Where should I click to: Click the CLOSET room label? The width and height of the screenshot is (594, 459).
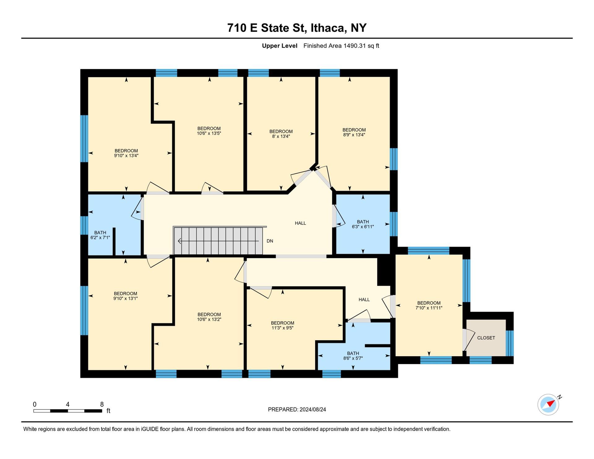click(x=486, y=338)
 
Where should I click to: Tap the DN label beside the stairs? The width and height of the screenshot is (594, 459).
click(x=270, y=241)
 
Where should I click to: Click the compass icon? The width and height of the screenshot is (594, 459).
click(x=548, y=404)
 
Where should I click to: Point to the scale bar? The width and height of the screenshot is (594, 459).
click(x=68, y=411)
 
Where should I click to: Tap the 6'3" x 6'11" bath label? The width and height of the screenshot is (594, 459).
click(x=363, y=224)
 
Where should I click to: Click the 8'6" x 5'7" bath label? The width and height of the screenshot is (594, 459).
click(x=353, y=356)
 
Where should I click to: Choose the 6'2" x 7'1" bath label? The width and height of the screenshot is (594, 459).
click(x=100, y=235)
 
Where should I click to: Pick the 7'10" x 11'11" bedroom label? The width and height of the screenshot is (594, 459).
click(x=429, y=305)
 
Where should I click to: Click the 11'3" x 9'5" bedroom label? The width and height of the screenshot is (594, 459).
click(x=282, y=325)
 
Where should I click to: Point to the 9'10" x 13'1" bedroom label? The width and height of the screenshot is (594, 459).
click(x=126, y=296)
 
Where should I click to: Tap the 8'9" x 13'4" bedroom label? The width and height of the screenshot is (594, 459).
click(x=354, y=132)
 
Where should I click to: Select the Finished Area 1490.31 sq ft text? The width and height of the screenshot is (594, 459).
click(x=341, y=46)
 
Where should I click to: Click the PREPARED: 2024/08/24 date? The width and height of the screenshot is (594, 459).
click(x=297, y=409)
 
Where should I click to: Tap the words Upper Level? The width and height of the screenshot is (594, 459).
click(x=280, y=46)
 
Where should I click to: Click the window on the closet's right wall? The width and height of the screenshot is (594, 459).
click(x=510, y=343)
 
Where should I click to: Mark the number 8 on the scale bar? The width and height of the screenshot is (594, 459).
click(x=102, y=404)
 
